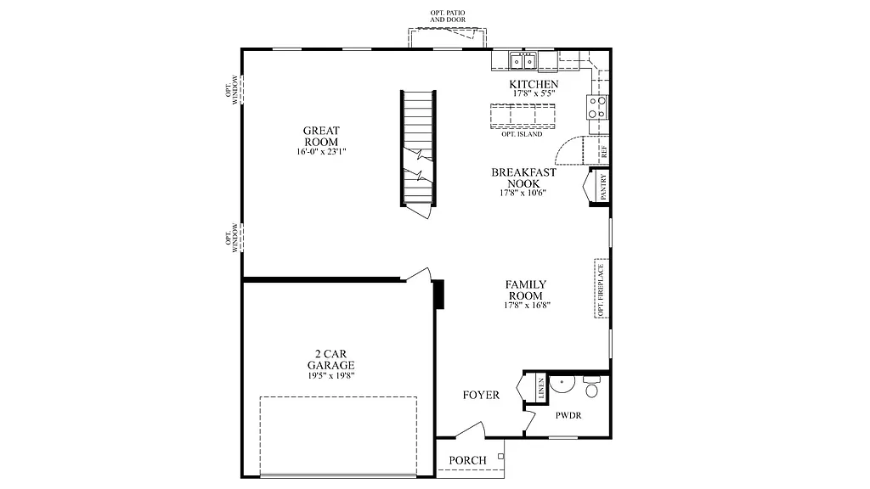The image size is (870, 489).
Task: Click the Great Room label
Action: (x=321, y=136)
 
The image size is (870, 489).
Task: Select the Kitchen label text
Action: (x=534, y=84)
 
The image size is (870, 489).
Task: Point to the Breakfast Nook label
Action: (x=523, y=177)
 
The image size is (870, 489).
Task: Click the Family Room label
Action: (x=526, y=289)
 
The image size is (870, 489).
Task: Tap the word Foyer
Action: (x=481, y=396)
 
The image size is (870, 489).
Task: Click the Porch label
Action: (x=468, y=460)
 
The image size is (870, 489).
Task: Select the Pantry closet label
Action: (x=603, y=187)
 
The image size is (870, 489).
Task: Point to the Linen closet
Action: (x=540, y=390)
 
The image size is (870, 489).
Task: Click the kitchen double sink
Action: (x=523, y=60)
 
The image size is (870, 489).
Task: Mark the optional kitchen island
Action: (x=522, y=115)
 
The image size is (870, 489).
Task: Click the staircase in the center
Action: (x=418, y=149)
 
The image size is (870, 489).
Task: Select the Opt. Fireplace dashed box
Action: (x=602, y=289)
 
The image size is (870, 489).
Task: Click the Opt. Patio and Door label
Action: (x=448, y=15)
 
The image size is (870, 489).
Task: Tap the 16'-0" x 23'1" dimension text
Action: (x=321, y=152)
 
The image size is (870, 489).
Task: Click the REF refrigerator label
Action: (x=604, y=152)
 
